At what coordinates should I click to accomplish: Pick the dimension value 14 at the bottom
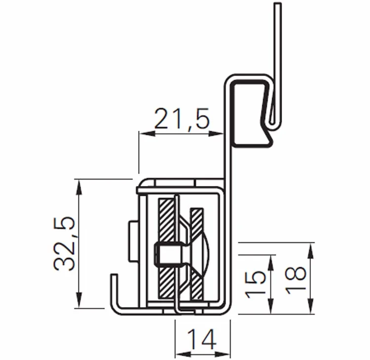[202, 339]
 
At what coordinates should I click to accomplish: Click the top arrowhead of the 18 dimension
[310, 248]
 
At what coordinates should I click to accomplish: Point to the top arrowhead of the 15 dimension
[270, 261]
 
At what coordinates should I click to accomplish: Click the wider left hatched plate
[164, 249]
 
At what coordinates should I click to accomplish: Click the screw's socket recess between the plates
[163, 254]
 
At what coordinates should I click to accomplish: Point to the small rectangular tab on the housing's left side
[133, 242]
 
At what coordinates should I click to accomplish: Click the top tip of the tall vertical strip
[278, 4]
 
